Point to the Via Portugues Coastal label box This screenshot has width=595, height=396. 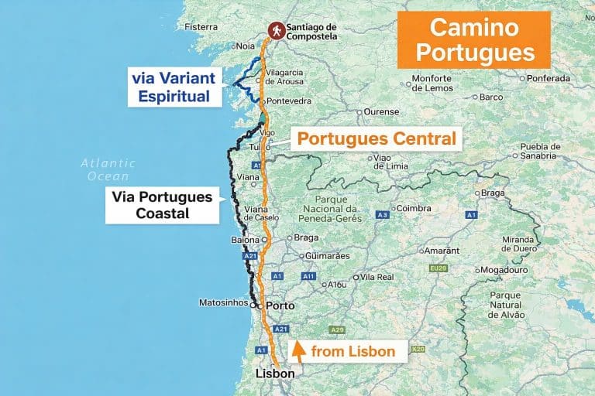[x=162, y=205]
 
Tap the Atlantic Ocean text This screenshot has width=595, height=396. [x=108, y=169]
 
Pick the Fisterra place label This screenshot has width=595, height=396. [x=201, y=27]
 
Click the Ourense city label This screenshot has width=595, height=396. [x=381, y=111]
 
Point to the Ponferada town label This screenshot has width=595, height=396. [x=548, y=78]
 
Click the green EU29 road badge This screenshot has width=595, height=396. [x=438, y=268]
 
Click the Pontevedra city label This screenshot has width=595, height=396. [x=289, y=101]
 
